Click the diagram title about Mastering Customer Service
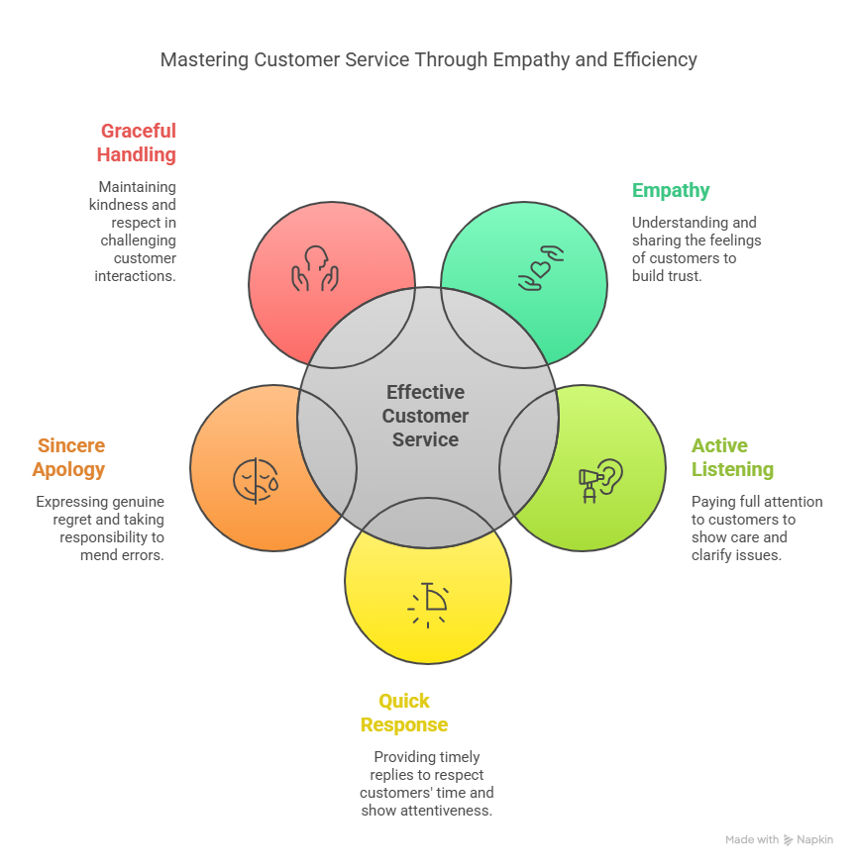tap(428, 60)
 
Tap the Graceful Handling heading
tap(137, 143)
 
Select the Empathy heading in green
tap(671, 190)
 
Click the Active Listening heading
tap(732, 457)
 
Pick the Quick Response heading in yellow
tap(404, 713)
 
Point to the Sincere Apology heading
tap(68, 457)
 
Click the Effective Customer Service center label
tap(426, 416)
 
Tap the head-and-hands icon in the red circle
tap(314, 269)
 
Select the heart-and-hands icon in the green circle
tap(541, 269)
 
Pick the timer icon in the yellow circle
tap(428, 604)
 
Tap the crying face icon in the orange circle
tap(256, 481)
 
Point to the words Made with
tap(752, 840)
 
